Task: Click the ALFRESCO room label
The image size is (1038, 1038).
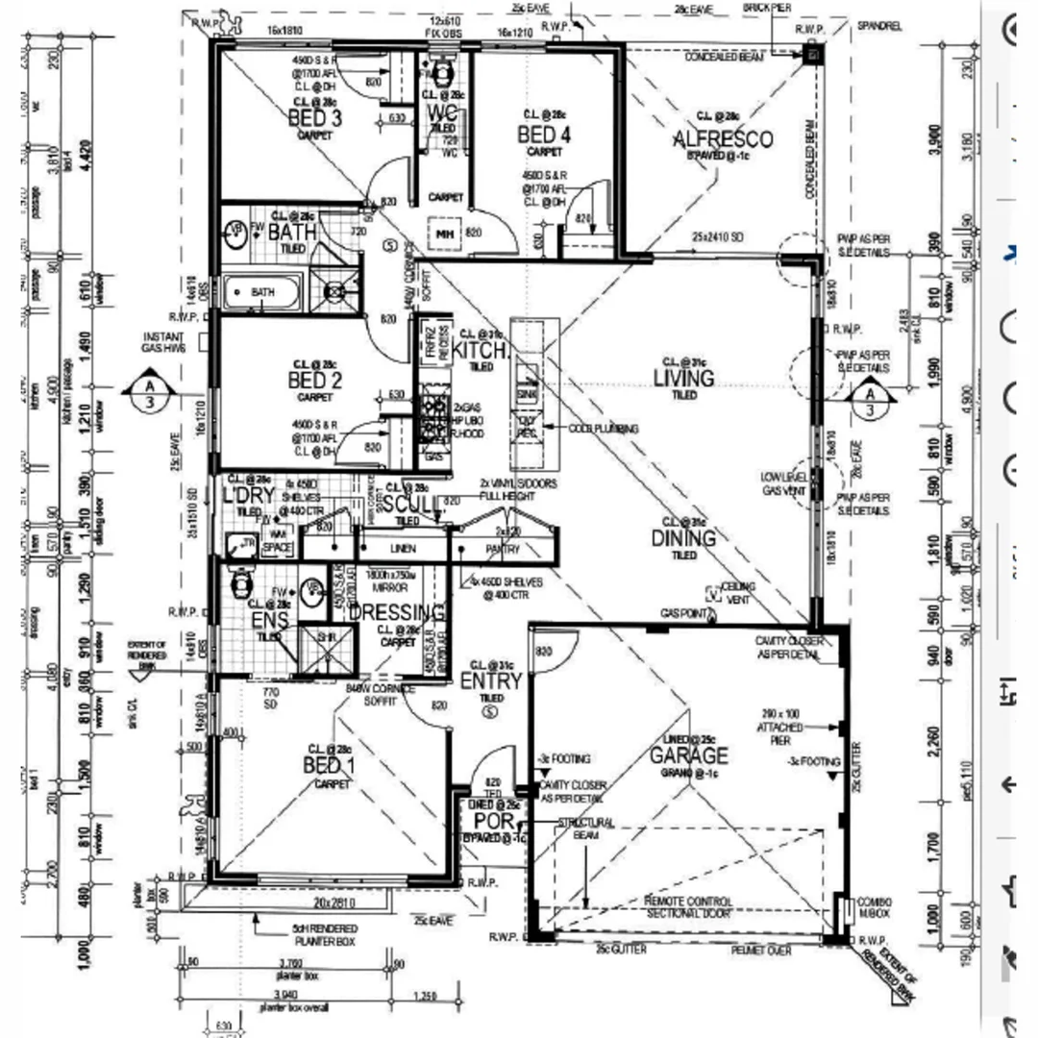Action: pyautogui.click(x=723, y=140)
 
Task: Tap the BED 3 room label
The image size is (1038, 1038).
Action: pyautogui.click(x=315, y=118)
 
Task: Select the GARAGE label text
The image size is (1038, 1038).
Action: pyautogui.click(x=688, y=755)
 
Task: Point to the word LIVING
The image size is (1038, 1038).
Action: pyautogui.click(x=683, y=378)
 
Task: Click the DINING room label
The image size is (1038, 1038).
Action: pyautogui.click(x=683, y=538)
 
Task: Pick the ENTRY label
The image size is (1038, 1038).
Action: pyautogui.click(x=490, y=681)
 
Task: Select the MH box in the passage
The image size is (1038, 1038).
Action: pyautogui.click(x=444, y=234)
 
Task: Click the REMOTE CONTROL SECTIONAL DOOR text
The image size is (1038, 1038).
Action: pyautogui.click(x=687, y=907)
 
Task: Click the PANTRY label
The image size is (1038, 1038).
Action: pyautogui.click(x=503, y=550)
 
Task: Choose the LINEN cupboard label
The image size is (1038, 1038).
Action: pyautogui.click(x=403, y=550)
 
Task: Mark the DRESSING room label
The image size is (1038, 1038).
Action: pyautogui.click(x=396, y=613)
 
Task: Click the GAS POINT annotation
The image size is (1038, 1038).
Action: pyautogui.click(x=683, y=612)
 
